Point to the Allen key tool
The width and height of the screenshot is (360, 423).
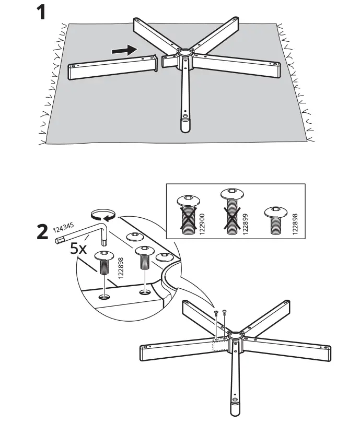point(84,233)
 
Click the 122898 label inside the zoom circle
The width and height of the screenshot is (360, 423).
point(120,267)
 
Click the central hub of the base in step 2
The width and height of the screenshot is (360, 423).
point(235,335)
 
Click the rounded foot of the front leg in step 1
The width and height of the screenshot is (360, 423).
point(184,126)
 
